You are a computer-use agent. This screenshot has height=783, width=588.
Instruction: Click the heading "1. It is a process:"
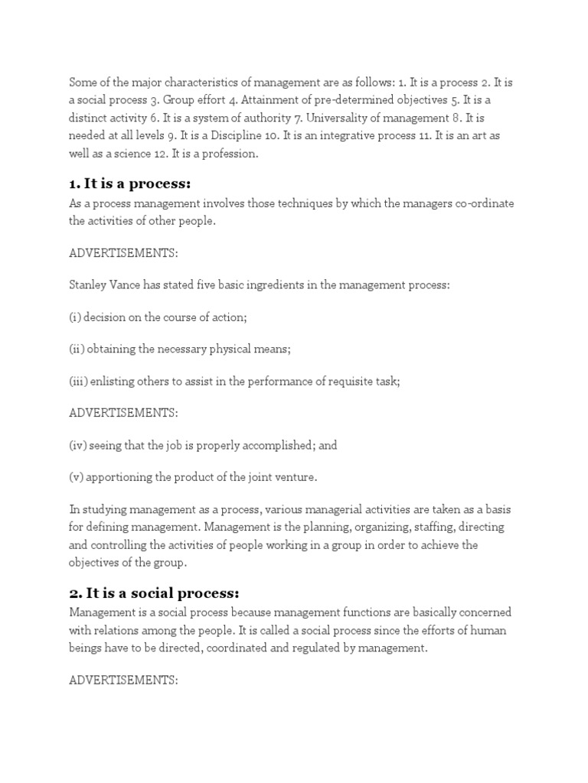coord(129,184)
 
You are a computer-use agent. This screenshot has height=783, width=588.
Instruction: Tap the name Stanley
coord(87,285)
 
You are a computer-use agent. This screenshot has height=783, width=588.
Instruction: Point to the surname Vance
coord(126,285)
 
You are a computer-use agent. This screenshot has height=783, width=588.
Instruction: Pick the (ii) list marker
coord(77,349)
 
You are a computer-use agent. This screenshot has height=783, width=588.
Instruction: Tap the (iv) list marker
coord(78,445)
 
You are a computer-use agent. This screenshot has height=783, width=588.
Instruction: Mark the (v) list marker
coord(76,477)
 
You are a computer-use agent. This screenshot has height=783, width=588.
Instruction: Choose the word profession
coord(230,154)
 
